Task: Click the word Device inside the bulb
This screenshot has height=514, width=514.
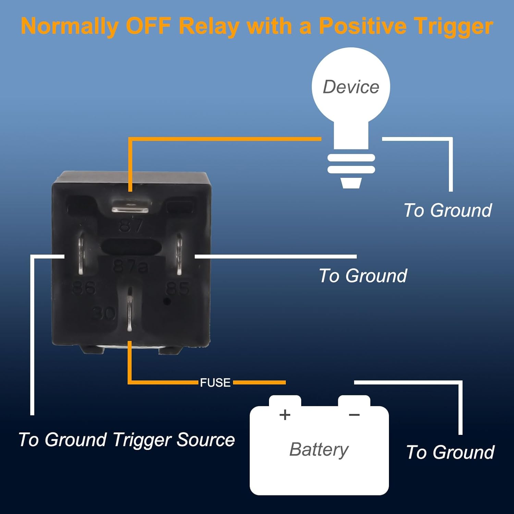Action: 351,87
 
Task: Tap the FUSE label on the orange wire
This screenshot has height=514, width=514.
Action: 215,382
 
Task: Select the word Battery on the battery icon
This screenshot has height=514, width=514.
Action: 319,450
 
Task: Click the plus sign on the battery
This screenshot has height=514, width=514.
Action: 285,415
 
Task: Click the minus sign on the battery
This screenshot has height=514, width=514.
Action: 354,415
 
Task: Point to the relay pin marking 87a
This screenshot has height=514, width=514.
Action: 130,267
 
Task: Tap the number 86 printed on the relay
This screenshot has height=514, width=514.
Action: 84,288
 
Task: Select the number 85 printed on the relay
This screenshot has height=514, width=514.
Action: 178,289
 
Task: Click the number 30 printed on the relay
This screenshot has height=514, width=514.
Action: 105,313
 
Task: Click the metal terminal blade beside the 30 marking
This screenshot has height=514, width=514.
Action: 129,310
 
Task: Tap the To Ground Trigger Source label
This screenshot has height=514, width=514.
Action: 126,440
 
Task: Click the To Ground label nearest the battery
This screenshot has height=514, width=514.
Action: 450,452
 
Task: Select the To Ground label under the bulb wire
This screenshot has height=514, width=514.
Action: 448,210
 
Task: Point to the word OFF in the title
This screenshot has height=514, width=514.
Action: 148,26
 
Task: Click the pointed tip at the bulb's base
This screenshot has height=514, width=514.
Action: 351,183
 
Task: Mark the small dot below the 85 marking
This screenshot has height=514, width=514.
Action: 167,302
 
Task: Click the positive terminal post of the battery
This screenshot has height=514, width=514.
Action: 285,401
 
